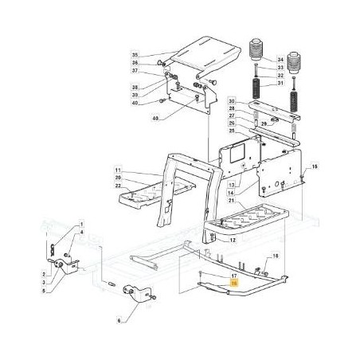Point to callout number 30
(x=230, y=102)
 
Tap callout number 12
(x=233, y=238)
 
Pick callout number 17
(x=233, y=276)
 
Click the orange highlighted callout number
(x=233, y=283)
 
